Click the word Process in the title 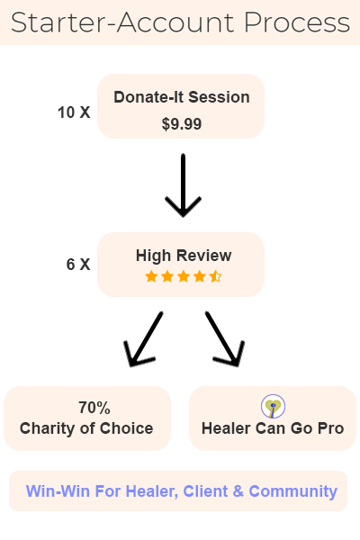(x=297, y=22)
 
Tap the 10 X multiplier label (x=74, y=112)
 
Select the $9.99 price (x=182, y=124)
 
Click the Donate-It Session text (x=182, y=97)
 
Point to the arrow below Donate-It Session (x=183, y=185)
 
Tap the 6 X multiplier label (x=78, y=265)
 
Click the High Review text (x=184, y=256)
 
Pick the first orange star (x=151, y=276)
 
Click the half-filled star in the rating (x=215, y=276)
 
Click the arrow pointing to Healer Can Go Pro (x=225, y=339)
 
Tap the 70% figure (x=94, y=408)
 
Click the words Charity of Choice (x=86, y=428)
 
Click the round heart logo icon (x=273, y=407)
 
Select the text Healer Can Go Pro (x=273, y=428)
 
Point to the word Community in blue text (x=292, y=491)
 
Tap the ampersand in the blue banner (x=238, y=491)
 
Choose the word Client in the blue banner (x=205, y=491)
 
